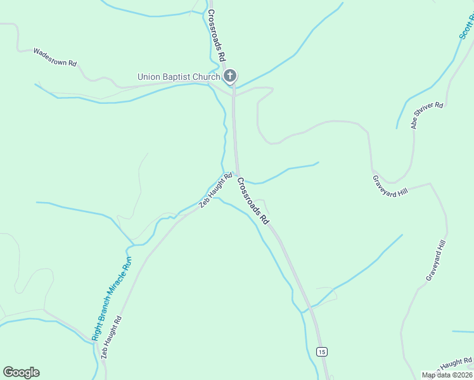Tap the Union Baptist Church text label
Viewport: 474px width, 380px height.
pos(179,77)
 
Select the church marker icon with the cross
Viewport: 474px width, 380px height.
pos(230,77)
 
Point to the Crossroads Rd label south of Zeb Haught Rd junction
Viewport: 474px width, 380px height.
pos(253,201)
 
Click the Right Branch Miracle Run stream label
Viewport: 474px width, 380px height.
pos(112,298)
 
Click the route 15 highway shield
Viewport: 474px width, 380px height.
pos(322,351)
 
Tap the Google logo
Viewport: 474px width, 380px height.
pos(21,372)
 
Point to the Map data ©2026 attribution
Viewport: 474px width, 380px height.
pos(447,375)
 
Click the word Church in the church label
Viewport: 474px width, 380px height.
pos(205,77)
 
